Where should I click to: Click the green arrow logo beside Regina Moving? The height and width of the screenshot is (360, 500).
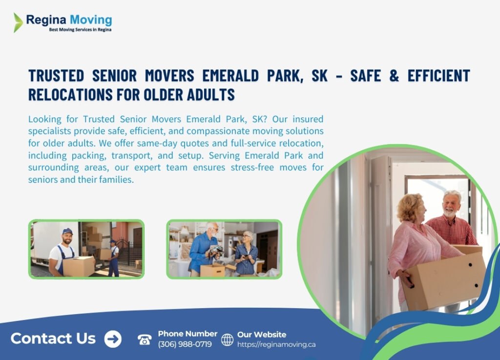tap(18, 22)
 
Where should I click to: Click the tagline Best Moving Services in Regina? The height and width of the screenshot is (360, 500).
tap(80, 30)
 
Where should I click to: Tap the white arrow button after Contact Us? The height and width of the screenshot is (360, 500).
tap(113, 339)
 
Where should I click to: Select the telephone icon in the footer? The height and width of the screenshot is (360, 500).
tap(145, 339)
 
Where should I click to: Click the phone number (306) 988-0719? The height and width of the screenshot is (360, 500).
tap(185, 344)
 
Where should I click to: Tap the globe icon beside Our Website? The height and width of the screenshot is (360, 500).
tap(227, 339)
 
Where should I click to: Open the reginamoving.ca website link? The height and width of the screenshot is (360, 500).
tap(276, 344)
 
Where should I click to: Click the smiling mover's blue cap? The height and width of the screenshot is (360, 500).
tap(67, 232)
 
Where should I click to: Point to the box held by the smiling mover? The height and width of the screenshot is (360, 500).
tap(78, 266)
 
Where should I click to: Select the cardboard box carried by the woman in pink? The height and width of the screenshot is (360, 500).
tap(442, 281)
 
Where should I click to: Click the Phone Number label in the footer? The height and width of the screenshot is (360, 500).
tap(187, 334)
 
